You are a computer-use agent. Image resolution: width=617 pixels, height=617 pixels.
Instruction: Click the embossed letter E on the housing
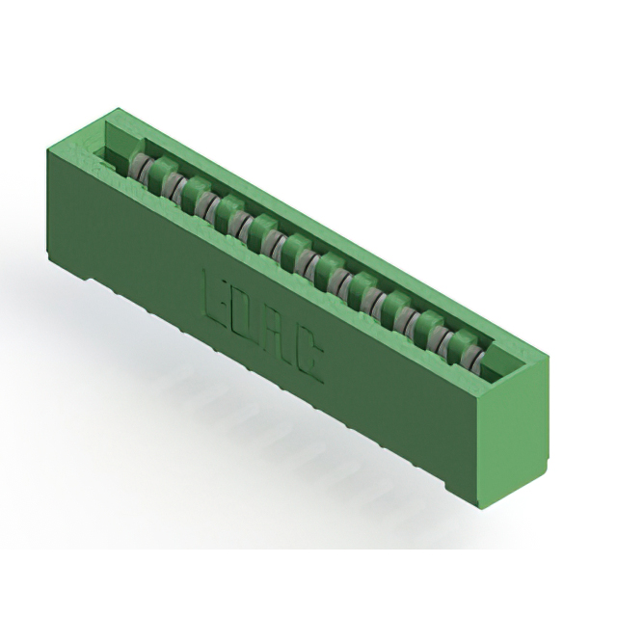[x=217, y=295]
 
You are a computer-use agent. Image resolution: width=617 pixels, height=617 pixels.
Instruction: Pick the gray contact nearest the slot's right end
[x=474, y=358]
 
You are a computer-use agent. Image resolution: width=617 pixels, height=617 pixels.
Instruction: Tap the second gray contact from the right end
[x=447, y=342]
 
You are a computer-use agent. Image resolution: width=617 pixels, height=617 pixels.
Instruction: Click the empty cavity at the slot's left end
[x=114, y=145]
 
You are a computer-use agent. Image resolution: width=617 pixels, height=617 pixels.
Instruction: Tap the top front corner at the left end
[x=45, y=147]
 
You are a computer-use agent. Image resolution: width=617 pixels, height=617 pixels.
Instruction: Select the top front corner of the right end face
[x=479, y=395]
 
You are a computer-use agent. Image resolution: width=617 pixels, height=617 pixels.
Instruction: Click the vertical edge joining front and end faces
[x=479, y=453]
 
